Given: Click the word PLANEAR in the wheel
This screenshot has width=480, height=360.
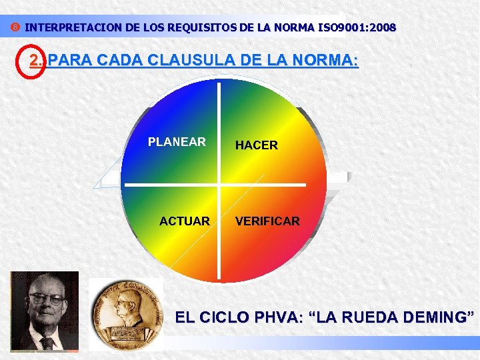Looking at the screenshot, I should click(177, 142).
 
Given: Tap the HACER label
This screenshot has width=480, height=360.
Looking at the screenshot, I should click(256, 145).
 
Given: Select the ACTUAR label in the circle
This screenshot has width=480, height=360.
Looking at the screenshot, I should click(185, 221).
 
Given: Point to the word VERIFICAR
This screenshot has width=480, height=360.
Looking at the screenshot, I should click(267, 221).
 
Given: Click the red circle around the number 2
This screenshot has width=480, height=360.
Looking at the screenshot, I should click(31, 61).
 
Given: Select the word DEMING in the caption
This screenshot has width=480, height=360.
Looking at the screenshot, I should click(434, 318).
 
